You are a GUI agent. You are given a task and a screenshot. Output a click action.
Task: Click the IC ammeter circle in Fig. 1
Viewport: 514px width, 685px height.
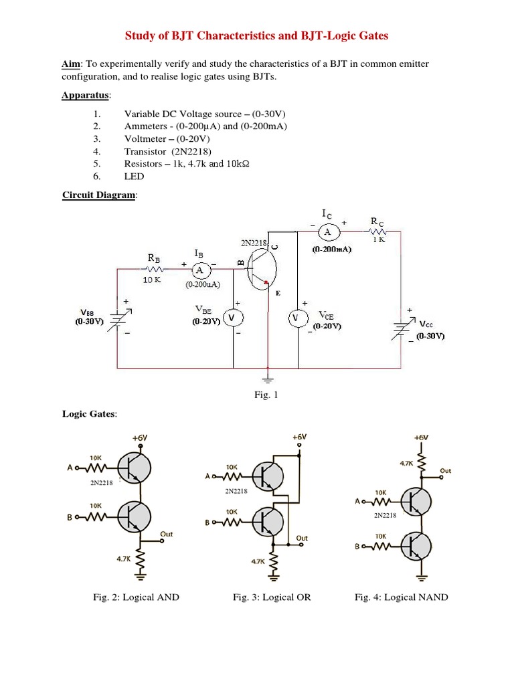click(x=328, y=232)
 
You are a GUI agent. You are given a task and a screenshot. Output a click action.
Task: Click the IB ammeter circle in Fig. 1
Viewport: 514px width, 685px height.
click(x=199, y=270)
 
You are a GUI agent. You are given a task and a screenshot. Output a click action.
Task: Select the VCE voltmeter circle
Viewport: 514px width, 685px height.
click(x=297, y=318)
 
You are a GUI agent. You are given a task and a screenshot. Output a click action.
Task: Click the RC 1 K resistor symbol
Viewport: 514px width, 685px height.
click(x=377, y=231)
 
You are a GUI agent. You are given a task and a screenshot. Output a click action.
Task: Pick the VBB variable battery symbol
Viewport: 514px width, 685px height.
click(x=118, y=318)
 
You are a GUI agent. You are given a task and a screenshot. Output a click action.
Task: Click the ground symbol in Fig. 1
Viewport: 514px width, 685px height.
click(x=268, y=377)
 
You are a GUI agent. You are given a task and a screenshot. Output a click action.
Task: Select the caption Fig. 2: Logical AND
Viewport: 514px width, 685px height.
click(x=137, y=597)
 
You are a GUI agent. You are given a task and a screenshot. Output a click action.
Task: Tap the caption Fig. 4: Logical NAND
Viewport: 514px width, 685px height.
click(x=402, y=597)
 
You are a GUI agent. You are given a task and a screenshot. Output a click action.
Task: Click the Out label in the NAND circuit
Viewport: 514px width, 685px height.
click(x=445, y=471)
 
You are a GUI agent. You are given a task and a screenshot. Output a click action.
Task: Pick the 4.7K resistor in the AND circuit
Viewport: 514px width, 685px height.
click(x=140, y=559)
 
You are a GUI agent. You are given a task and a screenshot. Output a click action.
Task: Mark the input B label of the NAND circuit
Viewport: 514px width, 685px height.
click(x=358, y=546)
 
